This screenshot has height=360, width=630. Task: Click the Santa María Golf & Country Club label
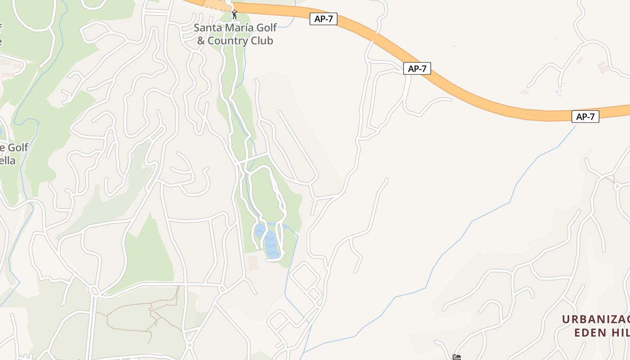pyautogui.click(x=235, y=34)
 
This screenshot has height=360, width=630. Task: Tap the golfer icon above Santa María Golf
pyautogui.click(x=234, y=14)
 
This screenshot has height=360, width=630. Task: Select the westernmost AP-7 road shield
pyautogui.click(x=323, y=19)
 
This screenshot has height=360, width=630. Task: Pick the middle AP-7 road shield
pyautogui.click(x=417, y=68)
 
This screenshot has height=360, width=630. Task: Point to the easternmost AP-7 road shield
pyautogui.click(x=585, y=117)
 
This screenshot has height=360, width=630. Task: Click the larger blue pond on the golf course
pyautogui.click(x=272, y=245)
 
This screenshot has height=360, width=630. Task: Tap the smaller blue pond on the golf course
pyautogui.click(x=260, y=231)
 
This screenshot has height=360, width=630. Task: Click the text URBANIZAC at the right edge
pyautogui.click(x=596, y=319)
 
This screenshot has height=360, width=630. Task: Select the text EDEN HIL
pyautogui.click(x=602, y=333)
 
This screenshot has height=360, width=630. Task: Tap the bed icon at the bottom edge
pyautogui.click(x=457, y=357)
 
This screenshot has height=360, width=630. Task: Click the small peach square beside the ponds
pyautogui.click(x=253, y=263)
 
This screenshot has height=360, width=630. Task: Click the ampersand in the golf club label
pyautogui.click(x=201, y=40)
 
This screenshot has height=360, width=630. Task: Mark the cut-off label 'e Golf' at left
pyautogui.click(x=14, y=148)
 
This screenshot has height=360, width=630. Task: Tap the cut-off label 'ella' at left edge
pyautogui.click(x=8, y=161)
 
